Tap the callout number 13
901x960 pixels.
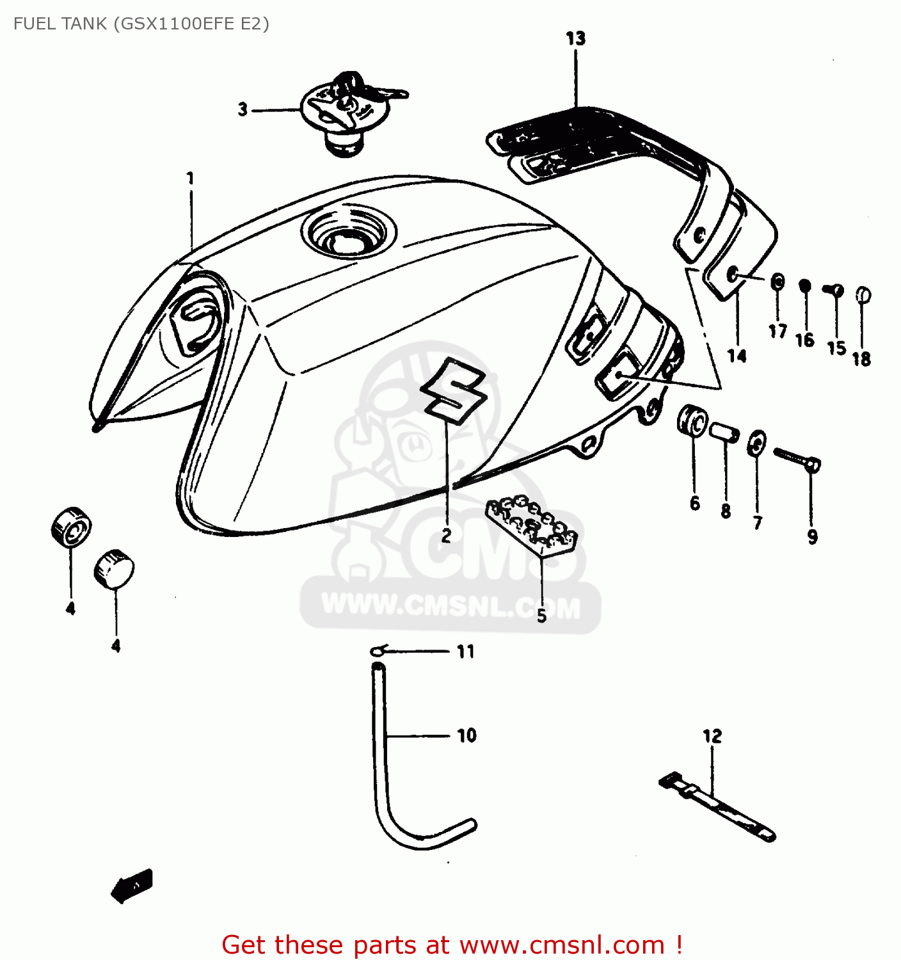[575, 38]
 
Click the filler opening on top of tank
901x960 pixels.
[347, 232]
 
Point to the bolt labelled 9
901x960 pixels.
[797, 459]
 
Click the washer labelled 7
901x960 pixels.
[756, 443]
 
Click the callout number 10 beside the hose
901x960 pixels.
[466, 735]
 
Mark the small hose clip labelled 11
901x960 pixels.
[378, 651]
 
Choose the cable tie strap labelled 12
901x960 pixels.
[717, 807]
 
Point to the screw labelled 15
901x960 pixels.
[834, 291]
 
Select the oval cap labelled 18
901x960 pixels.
[863, 295]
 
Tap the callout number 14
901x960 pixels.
[737, 356]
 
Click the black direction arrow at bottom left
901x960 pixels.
[133, 886]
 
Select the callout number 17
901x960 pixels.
[777, 331]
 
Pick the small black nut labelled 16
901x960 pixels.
[805, 285]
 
